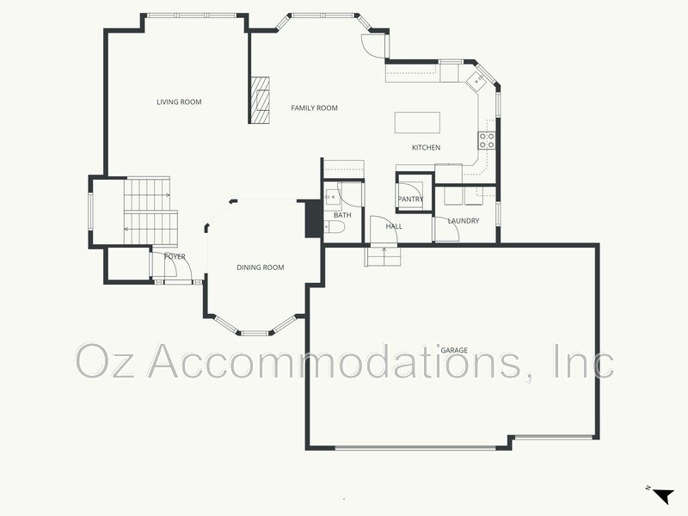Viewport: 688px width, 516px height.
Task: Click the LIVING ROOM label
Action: tap(179, 102)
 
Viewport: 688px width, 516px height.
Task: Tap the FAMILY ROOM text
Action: tap(314, 108)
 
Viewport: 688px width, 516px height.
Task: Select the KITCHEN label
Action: tap(426, 148)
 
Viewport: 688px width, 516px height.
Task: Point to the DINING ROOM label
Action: tap(260, 267)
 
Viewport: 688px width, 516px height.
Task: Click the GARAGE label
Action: tap(454, 351)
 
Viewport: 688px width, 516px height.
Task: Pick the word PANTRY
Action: tap(410, 200)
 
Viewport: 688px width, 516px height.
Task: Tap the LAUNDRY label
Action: tap(463, 221)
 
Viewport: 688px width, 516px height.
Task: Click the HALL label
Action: tap(394, 226)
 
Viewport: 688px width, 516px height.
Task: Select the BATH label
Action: tap(342, 215)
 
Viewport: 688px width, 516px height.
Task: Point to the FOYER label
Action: tap(175, 256)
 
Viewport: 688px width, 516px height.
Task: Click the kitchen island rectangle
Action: tap(417, 122)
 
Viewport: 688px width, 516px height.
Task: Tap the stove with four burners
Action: tap(487, 140)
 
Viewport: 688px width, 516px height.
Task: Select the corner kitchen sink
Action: tap(476, 82)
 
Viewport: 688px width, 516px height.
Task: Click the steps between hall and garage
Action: tap(382, 255)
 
